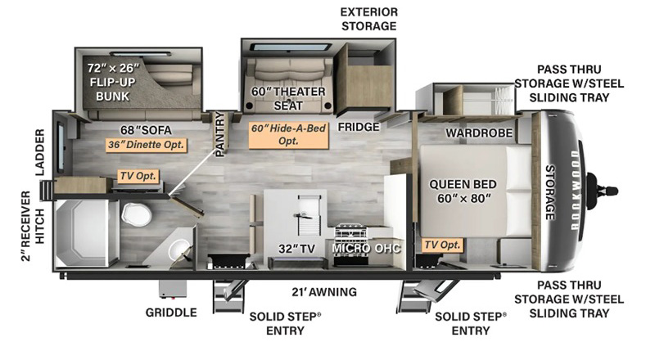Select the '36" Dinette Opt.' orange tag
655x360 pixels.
(147, 145)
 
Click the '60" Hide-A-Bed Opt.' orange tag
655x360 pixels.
(288, 136)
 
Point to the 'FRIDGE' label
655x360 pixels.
(358, 127)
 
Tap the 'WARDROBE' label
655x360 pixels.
(479, 132)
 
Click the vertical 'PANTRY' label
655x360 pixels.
(219, 135)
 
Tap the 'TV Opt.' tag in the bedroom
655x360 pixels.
(442, 245)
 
